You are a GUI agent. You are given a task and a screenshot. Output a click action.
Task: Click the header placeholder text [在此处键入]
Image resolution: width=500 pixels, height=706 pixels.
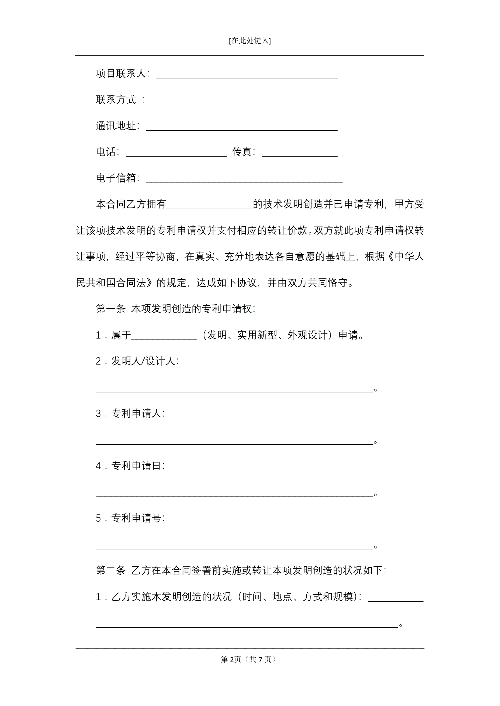[250, 41]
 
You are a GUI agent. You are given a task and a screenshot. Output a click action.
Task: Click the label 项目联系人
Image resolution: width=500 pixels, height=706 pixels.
[121, 74]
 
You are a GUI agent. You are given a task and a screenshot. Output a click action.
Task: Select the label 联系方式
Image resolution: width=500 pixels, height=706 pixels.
[116, 100]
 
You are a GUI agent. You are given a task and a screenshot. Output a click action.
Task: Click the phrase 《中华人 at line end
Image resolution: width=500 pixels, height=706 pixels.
[404, 256]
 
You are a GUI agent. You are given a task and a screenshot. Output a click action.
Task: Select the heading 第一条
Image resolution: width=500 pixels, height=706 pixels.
[111, 309]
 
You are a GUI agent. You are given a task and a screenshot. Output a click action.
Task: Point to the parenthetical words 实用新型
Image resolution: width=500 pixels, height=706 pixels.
[257, 335]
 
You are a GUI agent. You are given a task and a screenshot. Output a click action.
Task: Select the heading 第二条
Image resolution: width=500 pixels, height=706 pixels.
[111, 570]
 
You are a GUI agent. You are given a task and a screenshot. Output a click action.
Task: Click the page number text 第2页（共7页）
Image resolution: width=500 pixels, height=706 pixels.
[248, 659]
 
